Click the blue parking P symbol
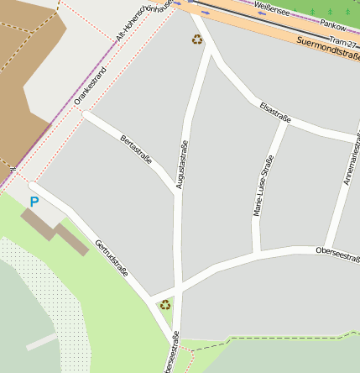(x=34, y=202)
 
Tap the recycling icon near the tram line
(x=197, y=39)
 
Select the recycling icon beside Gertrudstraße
(x=165, y=305)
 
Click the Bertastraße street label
(x=136, y=149)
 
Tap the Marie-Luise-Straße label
(x=263, y=187)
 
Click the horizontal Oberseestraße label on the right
(x=337, y=250)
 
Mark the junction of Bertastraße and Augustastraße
(x=177, y=191)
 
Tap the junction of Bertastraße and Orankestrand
(x=85, y=114)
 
